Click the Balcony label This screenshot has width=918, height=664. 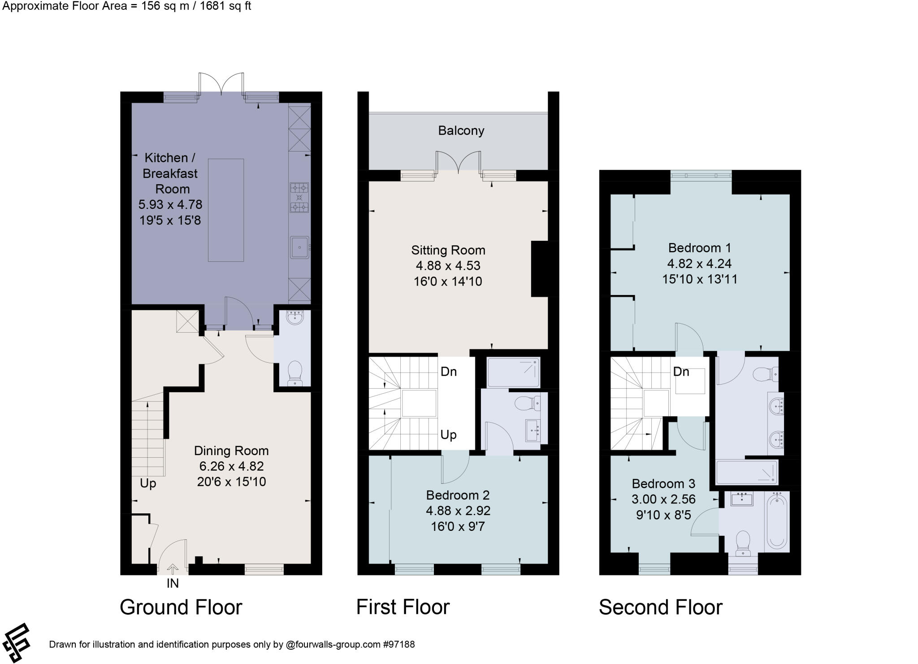[x=461, y=130]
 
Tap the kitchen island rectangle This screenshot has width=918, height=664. [x=226, y=210]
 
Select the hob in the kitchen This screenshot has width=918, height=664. [x=299, y=197]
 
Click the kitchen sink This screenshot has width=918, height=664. [x=299, y=247]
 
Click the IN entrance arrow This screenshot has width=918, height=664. [x=173, y=569]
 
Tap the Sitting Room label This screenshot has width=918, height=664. [x=448, y=250]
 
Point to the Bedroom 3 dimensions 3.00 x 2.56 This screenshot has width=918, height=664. [x=663, y=499]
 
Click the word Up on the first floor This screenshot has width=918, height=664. [x=448, y=434]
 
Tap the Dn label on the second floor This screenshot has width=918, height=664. [x=681, y=371]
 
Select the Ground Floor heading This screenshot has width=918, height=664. [x=181, y=607]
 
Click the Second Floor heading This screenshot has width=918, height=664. [x=660, y=607]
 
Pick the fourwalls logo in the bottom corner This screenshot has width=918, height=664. [x=16, y=642]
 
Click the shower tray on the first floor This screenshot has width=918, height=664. [x=513, y=372]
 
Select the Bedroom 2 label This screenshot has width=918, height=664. [x=458, y=495]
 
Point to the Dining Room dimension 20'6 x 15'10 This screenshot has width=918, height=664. [x=231, y=482]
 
